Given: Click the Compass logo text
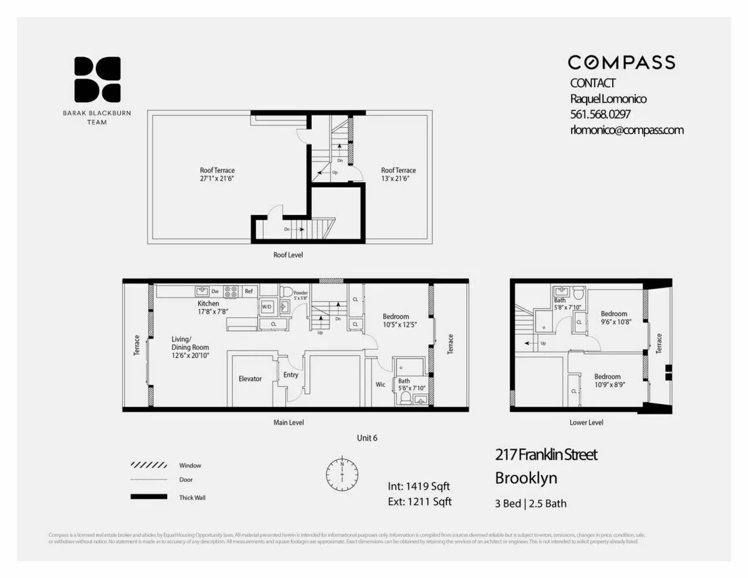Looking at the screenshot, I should pos(621,62).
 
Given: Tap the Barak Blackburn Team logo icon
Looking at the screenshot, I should pos(97,79).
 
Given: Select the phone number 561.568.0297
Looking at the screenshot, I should pos(601,115).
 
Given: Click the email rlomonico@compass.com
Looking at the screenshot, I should pos(626,130).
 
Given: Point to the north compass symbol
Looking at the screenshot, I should pos(342,474).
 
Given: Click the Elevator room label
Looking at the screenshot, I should pos(250,378).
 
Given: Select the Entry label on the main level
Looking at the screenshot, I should pos(290,375).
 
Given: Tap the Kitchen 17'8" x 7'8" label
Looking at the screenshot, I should pos(208,307).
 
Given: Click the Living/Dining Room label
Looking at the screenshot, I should pos(190,347).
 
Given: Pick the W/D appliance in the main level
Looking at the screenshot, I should pos(267,307).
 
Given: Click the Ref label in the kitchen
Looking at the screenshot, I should pos(248,291).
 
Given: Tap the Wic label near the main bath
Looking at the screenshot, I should pos(380,384).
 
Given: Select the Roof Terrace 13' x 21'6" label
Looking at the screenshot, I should pos(398,175).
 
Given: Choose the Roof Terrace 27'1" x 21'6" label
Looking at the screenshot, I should pos(217,175).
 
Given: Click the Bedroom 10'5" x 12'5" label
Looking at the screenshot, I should pos(396,320).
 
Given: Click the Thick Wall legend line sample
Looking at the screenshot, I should pos(148,497).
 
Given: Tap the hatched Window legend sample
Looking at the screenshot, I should pos(148,465).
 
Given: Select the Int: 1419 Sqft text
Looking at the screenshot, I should pos(418,487).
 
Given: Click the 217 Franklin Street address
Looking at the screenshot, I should pos(545,455).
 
